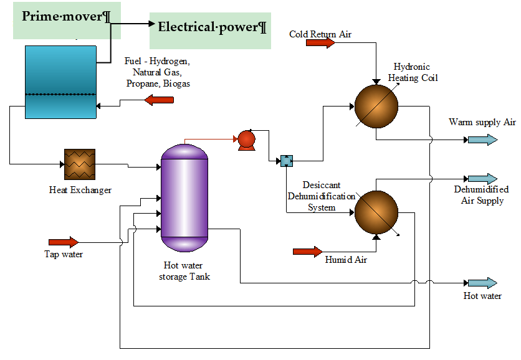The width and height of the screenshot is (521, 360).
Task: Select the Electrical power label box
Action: click(211, 30)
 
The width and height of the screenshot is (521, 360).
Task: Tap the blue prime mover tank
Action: click(60, 82)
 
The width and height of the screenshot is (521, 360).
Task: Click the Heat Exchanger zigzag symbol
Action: click(80, 164)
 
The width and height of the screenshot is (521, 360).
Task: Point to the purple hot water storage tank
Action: click(184, 196)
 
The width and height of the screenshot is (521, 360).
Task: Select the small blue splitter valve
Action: click(286, 161)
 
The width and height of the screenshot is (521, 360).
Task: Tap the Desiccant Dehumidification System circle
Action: click(376, 212)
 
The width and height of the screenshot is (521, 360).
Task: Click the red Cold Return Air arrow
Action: click(320, 43)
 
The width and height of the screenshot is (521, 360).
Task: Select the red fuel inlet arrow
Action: click(159, 99)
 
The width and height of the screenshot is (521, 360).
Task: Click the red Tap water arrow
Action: click(64, 242)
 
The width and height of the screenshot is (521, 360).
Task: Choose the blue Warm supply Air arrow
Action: click(483, 140)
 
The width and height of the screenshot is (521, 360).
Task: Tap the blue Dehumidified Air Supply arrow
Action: click(483, 179)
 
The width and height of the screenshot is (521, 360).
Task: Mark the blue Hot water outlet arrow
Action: click(483, 283)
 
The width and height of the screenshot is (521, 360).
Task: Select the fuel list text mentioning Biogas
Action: click(158, 73)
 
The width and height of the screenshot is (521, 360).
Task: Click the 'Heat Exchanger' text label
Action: click(80, 190)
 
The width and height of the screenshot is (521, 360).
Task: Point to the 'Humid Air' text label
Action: click(346, 260)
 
